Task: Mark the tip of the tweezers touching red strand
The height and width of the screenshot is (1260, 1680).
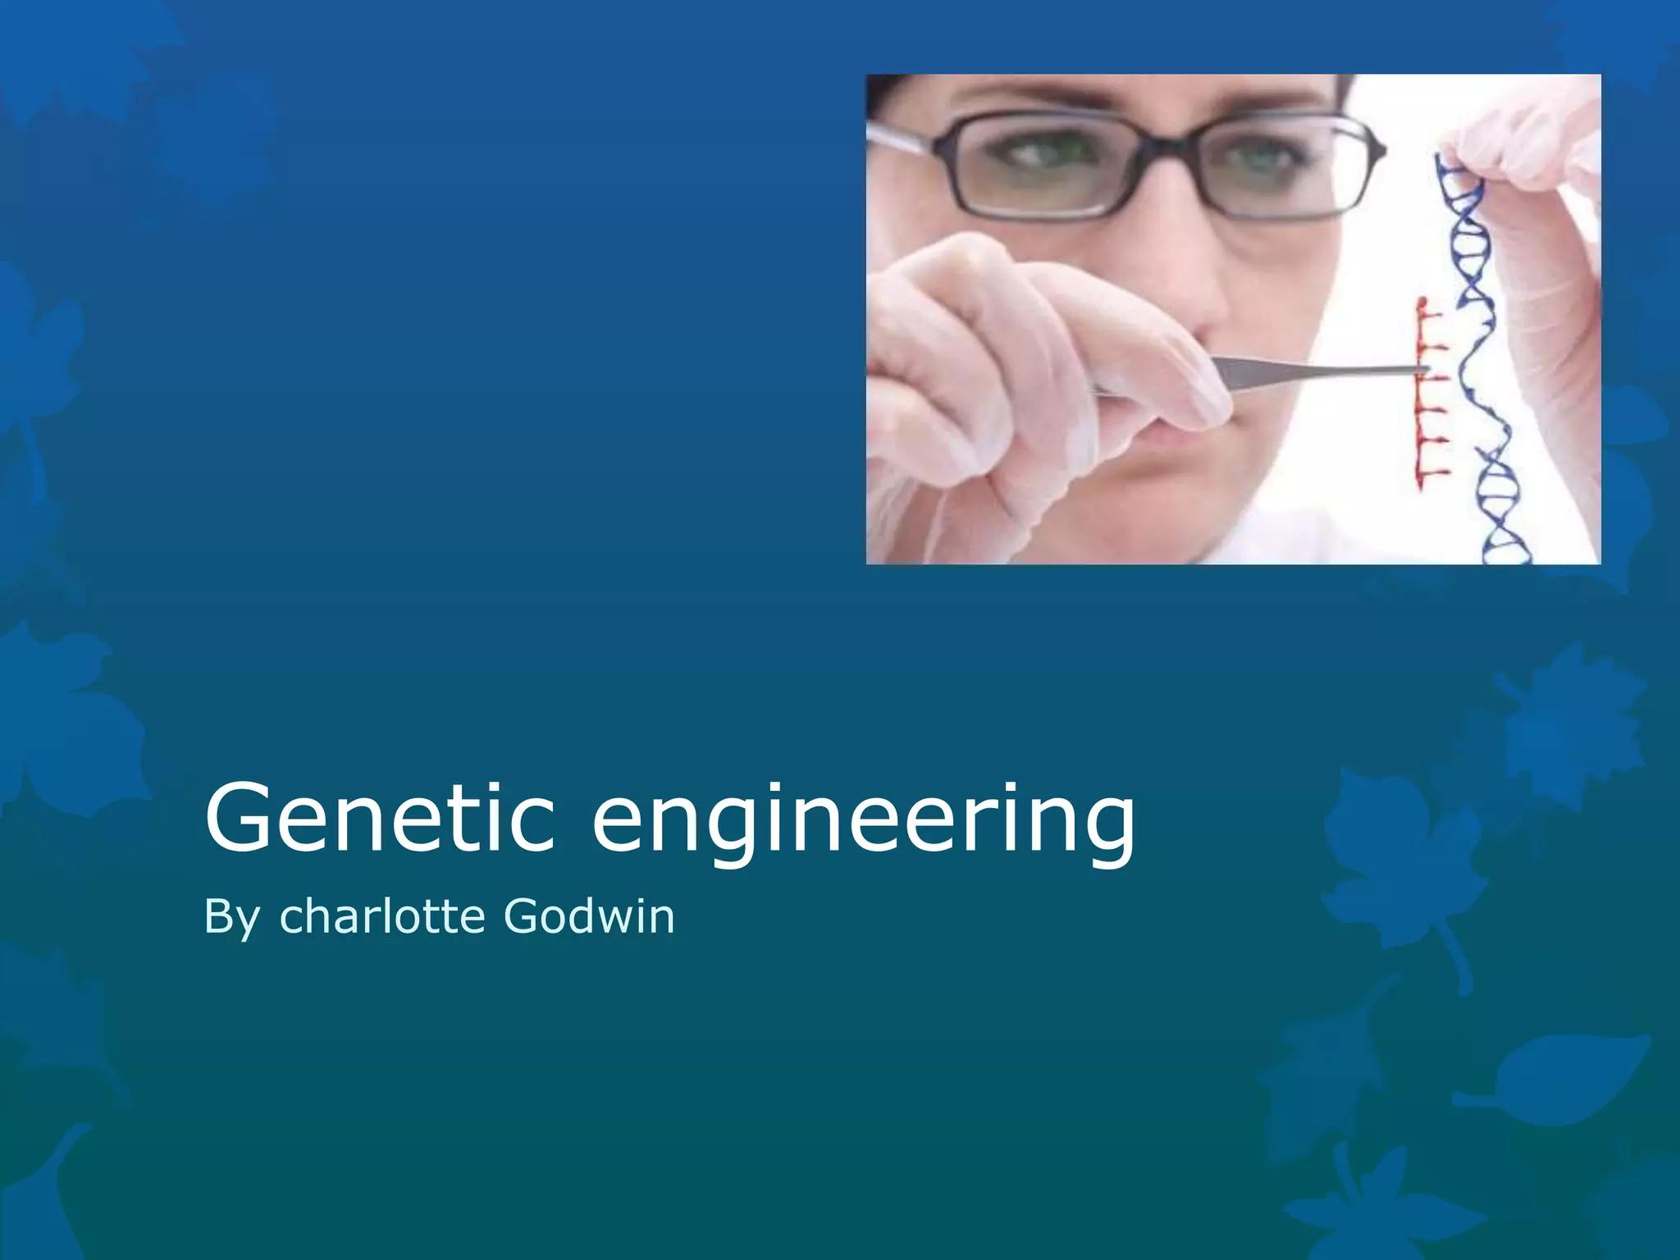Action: click(1424, 371)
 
